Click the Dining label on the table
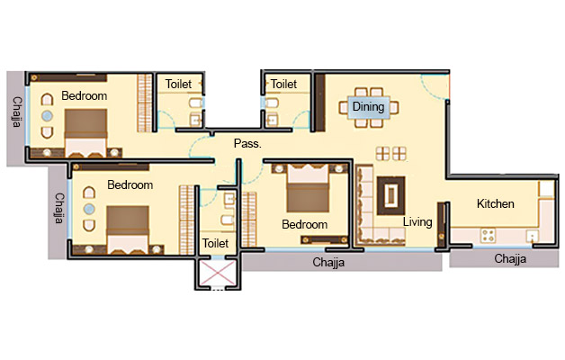tap(368, 107)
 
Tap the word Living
tap(417, 221)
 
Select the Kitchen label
tap(495, 204)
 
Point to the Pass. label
tap(247, 143)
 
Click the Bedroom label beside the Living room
tap(304, 224)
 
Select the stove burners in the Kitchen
tap(490, 236)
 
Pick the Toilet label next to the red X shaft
tap(215, 243)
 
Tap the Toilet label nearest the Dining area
tap(283, 84)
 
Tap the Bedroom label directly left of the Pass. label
tap(130, 184)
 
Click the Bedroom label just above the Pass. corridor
tap(84, 95)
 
